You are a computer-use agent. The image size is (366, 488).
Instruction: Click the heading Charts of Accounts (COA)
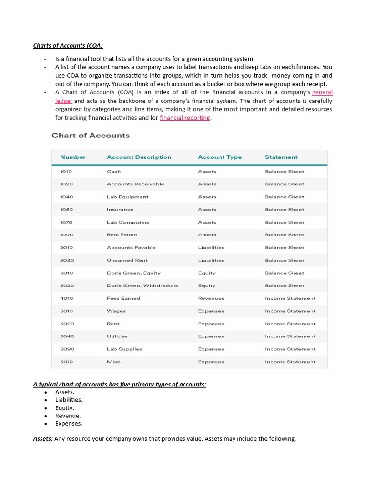click(68, 46)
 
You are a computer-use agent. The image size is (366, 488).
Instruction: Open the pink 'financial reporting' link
click(185, 118)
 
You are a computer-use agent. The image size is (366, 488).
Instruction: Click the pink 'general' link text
click(322, 92)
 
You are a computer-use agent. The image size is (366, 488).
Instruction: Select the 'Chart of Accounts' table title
click(91, 135)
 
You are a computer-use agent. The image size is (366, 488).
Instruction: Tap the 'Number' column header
click(73, 157)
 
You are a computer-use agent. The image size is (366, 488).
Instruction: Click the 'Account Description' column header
click(139, 157)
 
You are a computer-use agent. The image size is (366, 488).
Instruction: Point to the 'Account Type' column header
click(220, 157)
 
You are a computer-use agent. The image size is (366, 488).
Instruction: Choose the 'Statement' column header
click(281, 157)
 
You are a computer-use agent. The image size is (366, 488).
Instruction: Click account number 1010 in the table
click(67, 172)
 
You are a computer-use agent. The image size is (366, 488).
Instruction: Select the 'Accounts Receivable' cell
click(135, 184)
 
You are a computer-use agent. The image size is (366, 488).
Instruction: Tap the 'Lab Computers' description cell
click(128, 222)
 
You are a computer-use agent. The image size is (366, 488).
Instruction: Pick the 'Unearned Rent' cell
click(127, 260)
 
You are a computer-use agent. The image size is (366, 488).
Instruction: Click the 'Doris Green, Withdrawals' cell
click(142, 286)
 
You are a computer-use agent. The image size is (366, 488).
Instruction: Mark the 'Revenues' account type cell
click(211, 298)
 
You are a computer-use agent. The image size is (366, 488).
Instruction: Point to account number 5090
click(67, 349)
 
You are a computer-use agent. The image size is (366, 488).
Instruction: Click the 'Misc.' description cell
click(114, 362)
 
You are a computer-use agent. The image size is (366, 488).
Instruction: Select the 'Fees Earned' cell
click(123, 298)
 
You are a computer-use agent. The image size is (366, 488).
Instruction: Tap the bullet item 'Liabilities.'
click(69, 400)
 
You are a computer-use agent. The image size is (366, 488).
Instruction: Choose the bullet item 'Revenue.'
click(68, 416)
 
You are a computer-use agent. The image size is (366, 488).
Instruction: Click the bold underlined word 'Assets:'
click(42, 439)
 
